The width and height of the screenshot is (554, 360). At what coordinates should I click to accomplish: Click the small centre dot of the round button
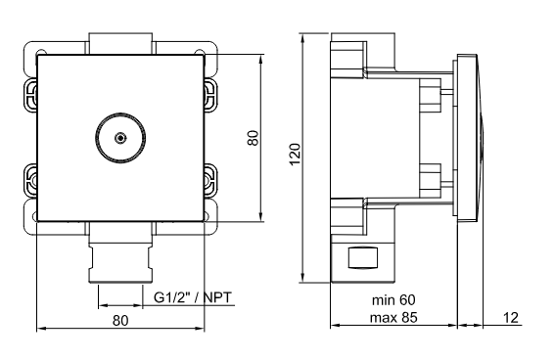point(120,138)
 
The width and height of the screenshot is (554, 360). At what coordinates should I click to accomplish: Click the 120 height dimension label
point(295,154)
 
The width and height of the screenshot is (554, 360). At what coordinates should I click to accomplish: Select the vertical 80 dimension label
point(253,138)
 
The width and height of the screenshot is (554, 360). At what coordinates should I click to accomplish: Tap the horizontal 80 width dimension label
point(120,321)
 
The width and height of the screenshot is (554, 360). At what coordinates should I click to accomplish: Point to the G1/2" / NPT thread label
point(193,297)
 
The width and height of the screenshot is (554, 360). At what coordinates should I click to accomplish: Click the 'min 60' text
point(393,300)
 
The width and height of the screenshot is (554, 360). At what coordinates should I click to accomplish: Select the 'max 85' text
point(393,317)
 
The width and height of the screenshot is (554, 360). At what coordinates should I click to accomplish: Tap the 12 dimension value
point(510,318)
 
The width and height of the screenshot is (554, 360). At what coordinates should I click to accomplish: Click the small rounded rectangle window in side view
point(363,257)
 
